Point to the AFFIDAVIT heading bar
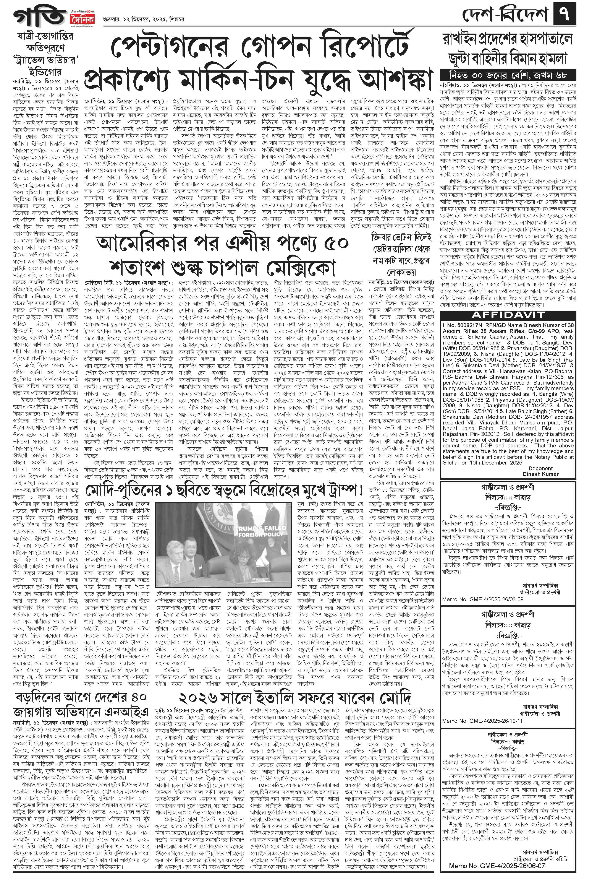point(507,314)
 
